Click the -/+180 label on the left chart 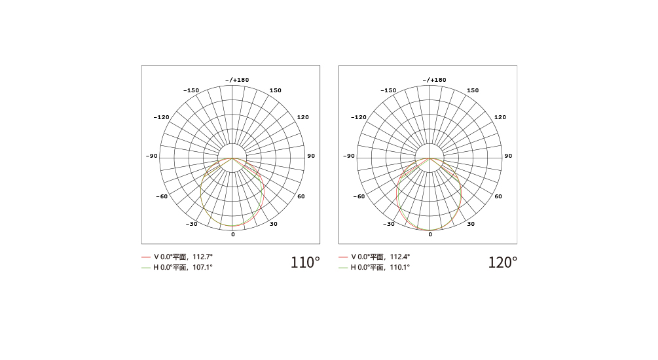[x=237, y=80]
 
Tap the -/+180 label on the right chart [x=434, y=80]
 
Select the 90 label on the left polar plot [x=311, y=156]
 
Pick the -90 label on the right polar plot [x=349, y=156]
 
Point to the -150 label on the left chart [x=191, y=90]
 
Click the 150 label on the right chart [x=473, y=90]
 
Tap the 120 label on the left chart [x=303, y=117]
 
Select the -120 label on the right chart [x=359, y=117]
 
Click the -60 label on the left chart [x=162, y=196]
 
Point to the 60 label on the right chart [x=498, y=196]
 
